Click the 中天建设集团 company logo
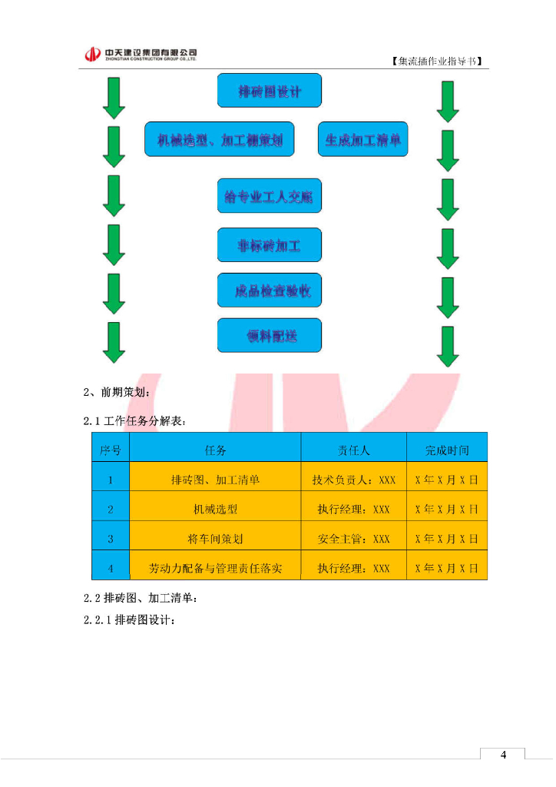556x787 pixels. coord(141,54)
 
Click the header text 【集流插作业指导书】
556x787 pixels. coord(439,61)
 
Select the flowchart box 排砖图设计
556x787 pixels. coord(270,91)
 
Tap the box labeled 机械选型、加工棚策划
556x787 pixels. coord(220,140)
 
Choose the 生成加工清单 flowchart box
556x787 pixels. coord(363,140)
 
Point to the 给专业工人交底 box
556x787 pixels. coord(270,198)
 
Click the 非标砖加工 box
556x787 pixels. coord(270,246)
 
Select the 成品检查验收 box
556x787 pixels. coord(270,291)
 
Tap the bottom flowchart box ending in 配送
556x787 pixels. coord(270,336)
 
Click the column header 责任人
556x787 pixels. coord(353,450)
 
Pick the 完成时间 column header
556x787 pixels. coord(447,450)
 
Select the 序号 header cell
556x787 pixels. coord(111,450)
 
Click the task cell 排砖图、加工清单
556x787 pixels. coord(215,480)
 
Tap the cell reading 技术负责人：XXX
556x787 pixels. coord(353,480)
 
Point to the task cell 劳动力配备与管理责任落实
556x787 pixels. coord(215,569)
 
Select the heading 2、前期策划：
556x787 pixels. coord(117,393)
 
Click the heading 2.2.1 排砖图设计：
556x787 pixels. coord(130,620)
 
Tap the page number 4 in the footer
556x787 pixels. coord(503,755)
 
